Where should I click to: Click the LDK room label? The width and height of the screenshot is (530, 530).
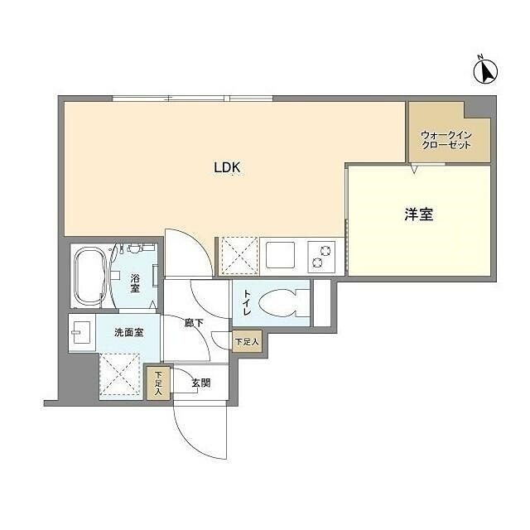click(x=227, y=167)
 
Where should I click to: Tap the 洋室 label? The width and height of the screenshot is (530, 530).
click(x=419, y=214)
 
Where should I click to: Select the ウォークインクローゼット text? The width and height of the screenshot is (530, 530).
click(x=446, y=139)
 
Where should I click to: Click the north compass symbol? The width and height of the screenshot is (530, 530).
click(x=485, y=72)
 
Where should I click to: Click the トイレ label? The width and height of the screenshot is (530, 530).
click(x=245, y=302)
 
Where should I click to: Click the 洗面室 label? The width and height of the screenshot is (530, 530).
click(x=128, y=332)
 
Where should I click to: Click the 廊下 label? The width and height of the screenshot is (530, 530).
click(x=194, y=324)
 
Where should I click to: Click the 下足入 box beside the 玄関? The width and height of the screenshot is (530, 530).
click(x=157, y=383)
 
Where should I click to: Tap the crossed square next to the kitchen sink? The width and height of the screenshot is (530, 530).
click(x=239, y=254)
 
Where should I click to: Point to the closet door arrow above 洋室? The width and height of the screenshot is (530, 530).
click(x=416, y=169)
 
